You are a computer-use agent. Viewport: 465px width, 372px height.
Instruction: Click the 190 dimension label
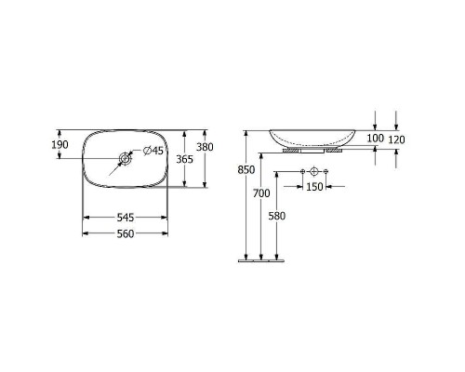click(x=60, y=144)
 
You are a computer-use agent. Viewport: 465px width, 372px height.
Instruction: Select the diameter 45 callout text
click(x=153, y=151)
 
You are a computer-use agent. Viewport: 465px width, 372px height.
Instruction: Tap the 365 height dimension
click(x=184, y=159)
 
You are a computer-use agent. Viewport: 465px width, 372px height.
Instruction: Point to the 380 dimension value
click(x=205, y=147)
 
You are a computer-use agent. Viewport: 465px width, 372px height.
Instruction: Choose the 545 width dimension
click(x=126, y=218)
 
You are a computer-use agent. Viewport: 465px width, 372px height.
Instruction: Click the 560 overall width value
click(x=126, y=233)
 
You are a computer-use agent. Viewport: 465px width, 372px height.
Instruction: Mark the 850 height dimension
click(x=246, y=170)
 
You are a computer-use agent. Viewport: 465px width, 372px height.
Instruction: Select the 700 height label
click(x=261, y=193)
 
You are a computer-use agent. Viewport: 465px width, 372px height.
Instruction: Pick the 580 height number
click(x=276, y=216)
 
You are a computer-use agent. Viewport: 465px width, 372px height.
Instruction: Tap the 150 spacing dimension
click(x=314, y=187)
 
